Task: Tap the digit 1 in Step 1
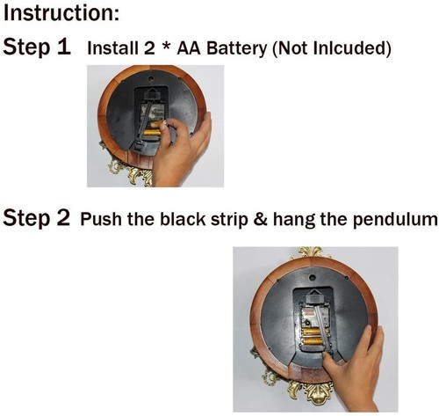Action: click(64, 47)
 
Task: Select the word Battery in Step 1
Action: click(236, 48)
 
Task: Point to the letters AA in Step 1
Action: click(189, 48)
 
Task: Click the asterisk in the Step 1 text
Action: click(166, 47)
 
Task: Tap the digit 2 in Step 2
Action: click(64, 218)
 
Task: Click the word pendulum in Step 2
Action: click(395, 220)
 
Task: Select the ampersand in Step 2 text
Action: click(261, 219)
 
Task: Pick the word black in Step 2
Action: click(183, 219)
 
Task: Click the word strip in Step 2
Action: click(229, 220)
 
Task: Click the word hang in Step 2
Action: click(294, 220)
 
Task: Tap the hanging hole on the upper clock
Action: click(151, 79)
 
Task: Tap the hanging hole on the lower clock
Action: click(313, 276)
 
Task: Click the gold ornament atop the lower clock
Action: click(311, 253)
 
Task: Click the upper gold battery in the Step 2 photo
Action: click(311, 332)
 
